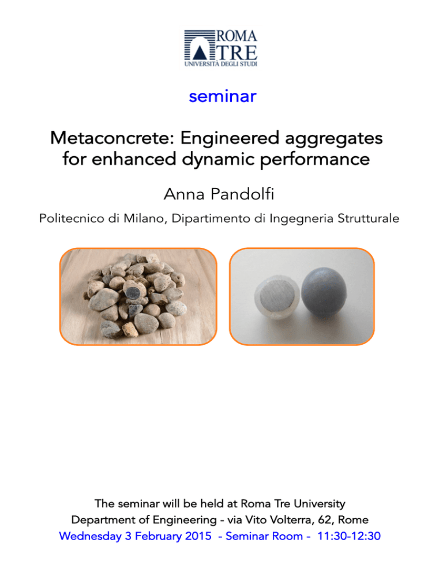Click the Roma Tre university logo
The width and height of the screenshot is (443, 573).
(x=221, y=48)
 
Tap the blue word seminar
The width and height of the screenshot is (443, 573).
(x=223, y=96)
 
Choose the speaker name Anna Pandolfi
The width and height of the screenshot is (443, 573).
(x=219, y=194)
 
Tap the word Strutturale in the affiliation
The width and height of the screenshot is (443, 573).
(x=368, y=218)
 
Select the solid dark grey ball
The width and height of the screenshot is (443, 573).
(x=324, y=292)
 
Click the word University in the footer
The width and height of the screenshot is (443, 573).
(x=320, y=504)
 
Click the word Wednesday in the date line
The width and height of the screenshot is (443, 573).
(x=90, y=536)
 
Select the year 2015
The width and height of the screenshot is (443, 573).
(x=198, y=536)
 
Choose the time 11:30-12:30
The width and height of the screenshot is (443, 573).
(x=349, y=536)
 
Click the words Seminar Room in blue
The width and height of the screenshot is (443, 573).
(x=264, y=536)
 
